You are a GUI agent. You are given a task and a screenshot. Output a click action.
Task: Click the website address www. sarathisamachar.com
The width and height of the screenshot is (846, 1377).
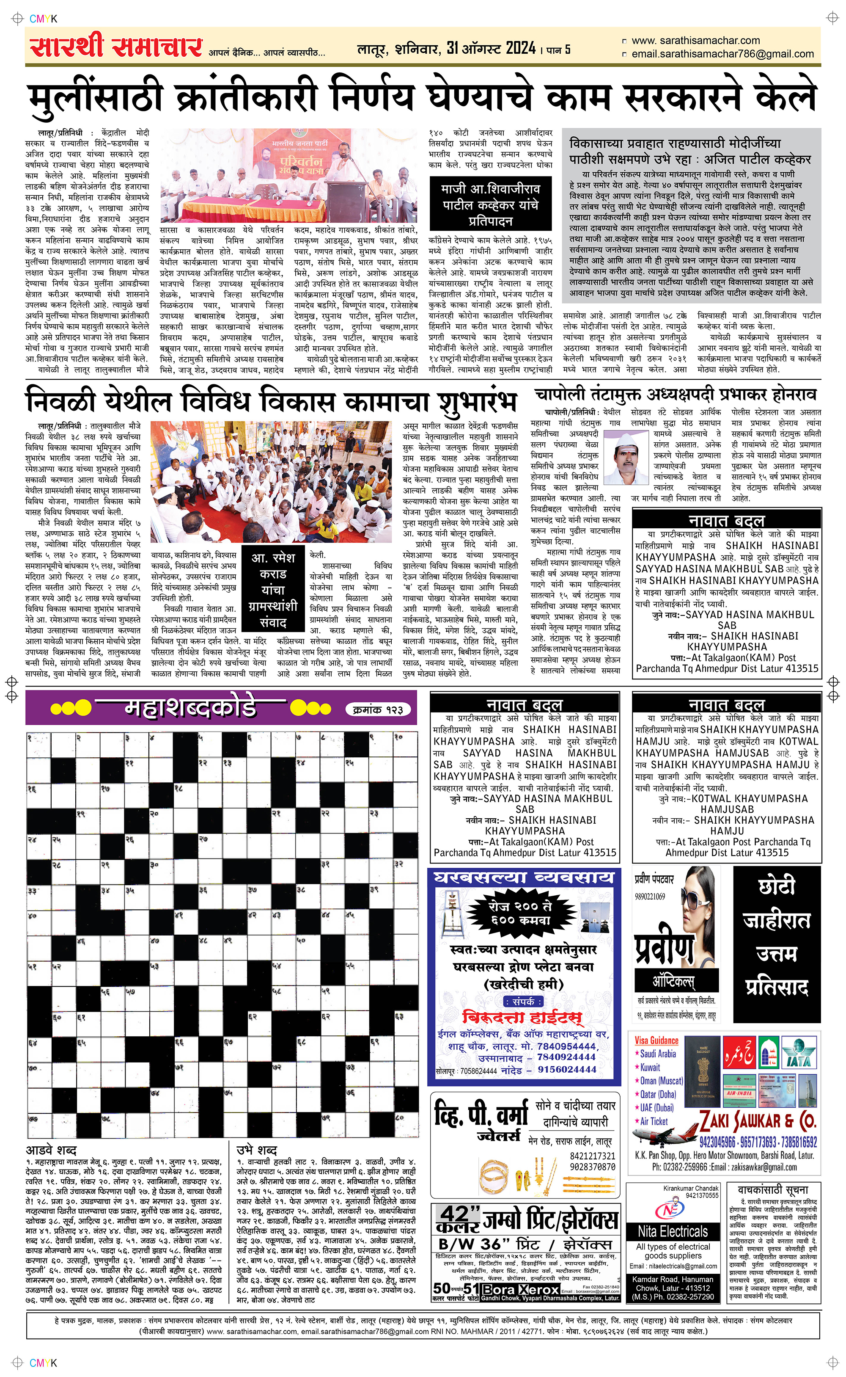click(x=695, y=40)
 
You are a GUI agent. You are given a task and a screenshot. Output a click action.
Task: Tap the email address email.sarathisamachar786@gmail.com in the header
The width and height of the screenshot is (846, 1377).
click(x=722, y=54)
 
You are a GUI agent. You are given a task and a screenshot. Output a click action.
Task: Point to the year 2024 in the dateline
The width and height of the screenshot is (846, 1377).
click(x=520, y=48)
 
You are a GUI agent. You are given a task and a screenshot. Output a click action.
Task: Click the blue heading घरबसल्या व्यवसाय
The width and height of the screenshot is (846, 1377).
click(x=524, y=877)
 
